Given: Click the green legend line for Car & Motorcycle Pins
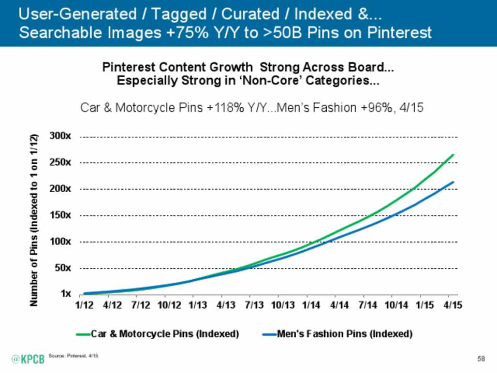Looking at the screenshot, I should coord(83,334).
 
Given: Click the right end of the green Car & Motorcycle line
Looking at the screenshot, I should coord(454,154).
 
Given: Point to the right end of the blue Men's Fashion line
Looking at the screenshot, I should coord(454,182).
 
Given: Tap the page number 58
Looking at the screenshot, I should coord(481,358).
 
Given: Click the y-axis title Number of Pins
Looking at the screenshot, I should coord(34,220).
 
